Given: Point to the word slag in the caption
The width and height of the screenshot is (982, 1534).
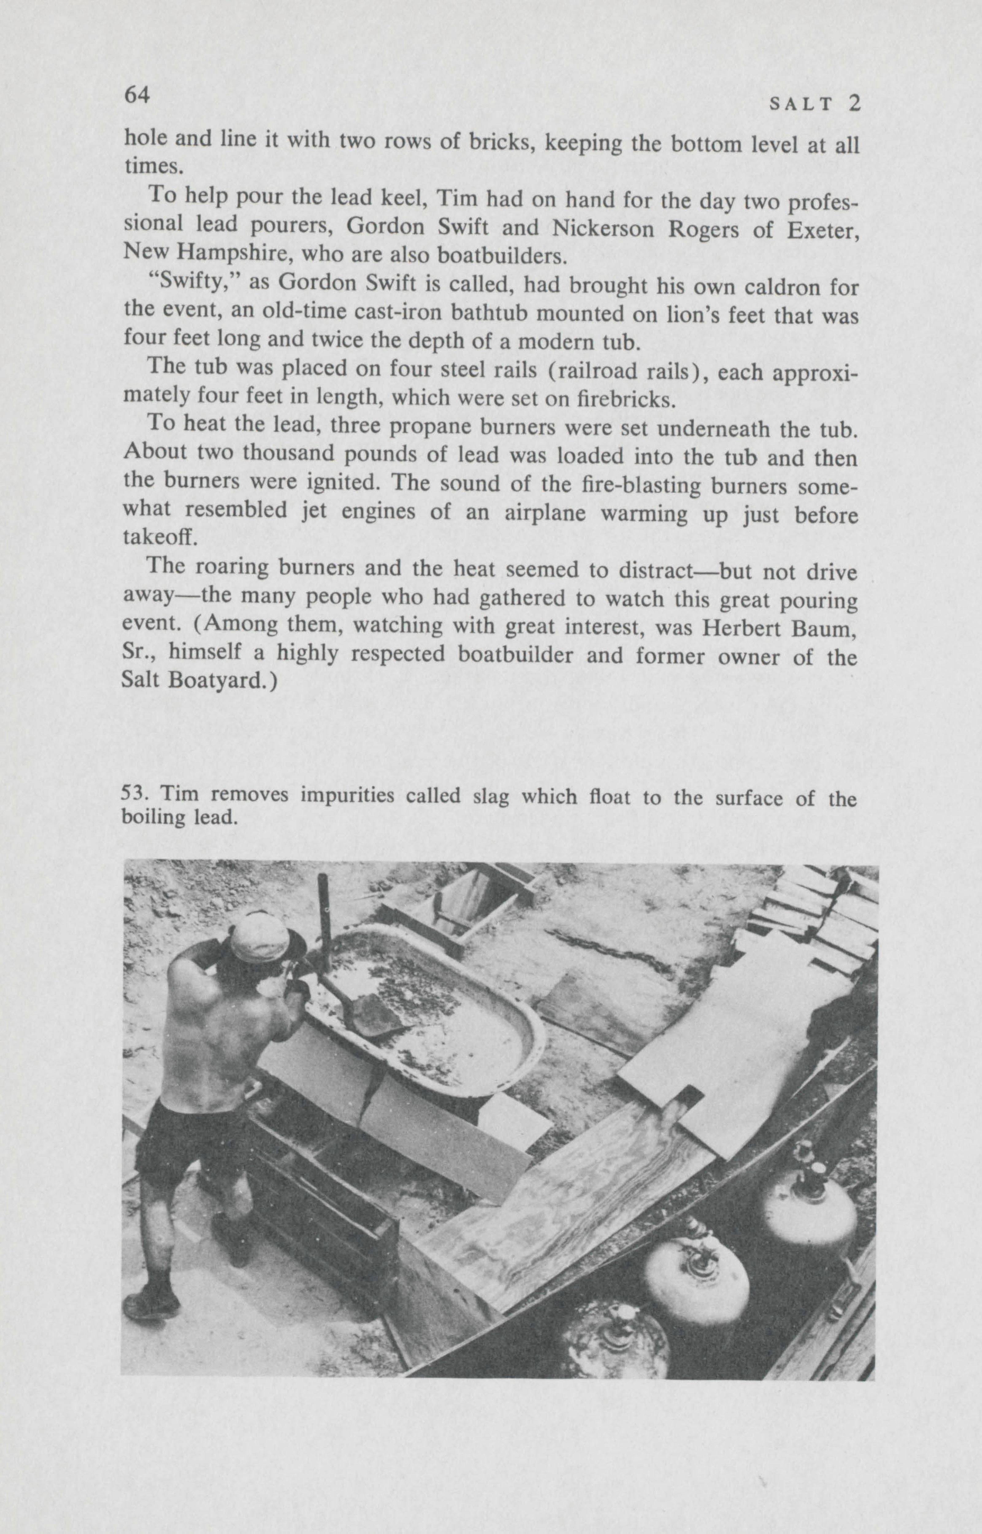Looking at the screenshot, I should pyautogui.click(x=490, y=797).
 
